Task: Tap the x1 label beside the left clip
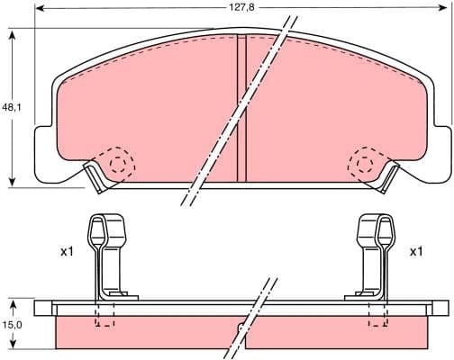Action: [66, 252]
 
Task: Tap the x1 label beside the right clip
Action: [415, 252]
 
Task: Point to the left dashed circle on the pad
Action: [117, 162]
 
